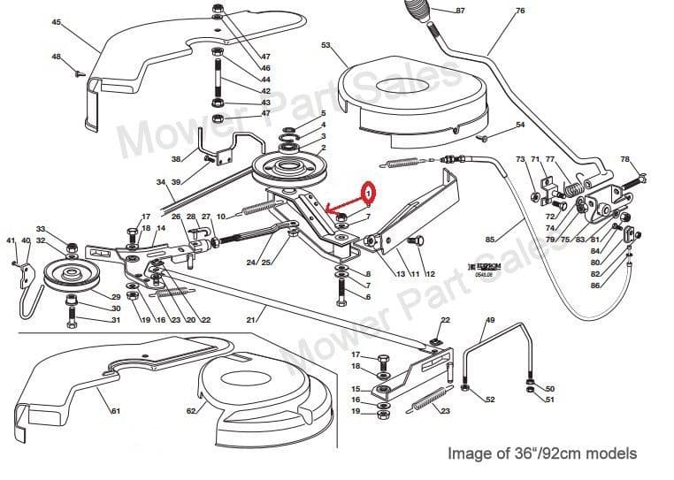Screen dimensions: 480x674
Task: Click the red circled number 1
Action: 368,191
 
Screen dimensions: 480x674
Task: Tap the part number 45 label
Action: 57,22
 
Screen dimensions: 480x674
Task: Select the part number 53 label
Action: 326,45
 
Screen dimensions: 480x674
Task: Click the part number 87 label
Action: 459,11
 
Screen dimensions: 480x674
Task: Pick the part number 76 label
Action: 520,11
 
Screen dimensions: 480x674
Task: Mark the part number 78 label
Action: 625,159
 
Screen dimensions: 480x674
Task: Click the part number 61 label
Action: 115,411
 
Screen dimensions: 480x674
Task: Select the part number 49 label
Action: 490,319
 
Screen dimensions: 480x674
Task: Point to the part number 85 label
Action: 490,239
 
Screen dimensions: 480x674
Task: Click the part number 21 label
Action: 250,318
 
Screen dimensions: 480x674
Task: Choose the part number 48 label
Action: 57,57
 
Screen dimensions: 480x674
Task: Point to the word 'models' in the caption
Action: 608,453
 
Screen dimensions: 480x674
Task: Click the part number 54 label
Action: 520,125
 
